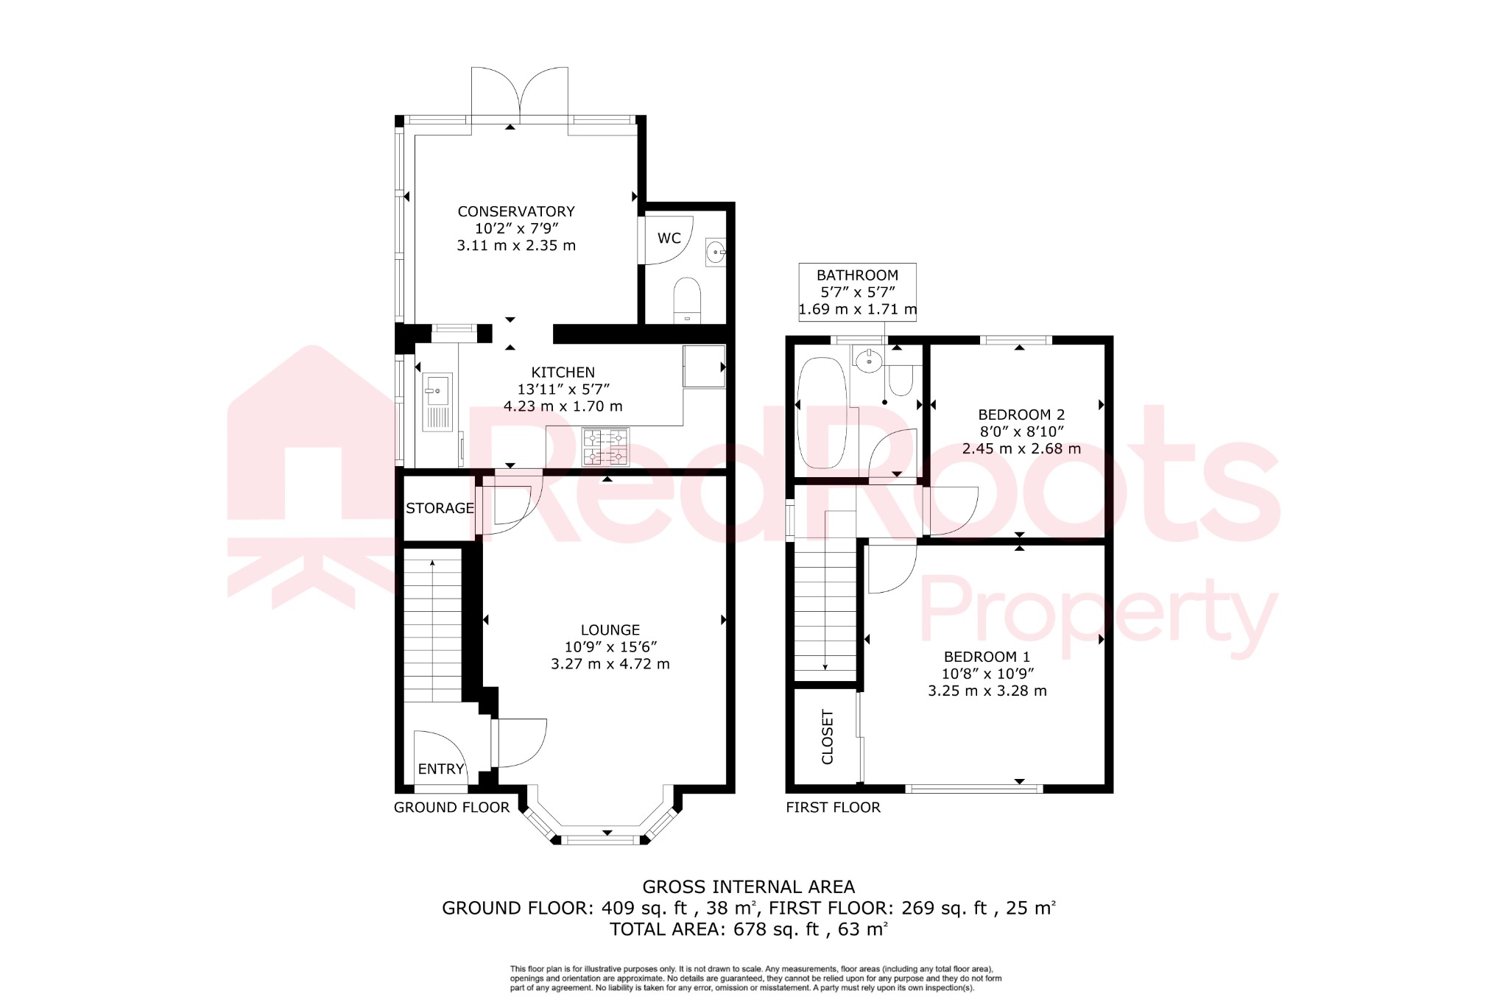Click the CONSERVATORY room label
[x=515, y=212]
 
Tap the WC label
[x=669, y=239]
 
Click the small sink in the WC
[x=715, y=252]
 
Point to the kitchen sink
[x=437, y=402]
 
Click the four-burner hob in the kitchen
[x=606, y=448]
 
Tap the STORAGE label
[x=440, y=508]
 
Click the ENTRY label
[x=441, y=769]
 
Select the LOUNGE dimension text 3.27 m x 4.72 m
[x=610, y=664]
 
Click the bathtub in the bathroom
[x=823, y=413]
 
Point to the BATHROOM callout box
[x=857, y=292]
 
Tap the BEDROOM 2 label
[x=1021, y=415]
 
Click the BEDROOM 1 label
[x=987, y=657]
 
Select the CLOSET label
[x=827, y=737]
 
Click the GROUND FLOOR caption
[x=451, y=808]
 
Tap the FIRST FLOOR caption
[x=833, y=808]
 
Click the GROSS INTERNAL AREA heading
[x=748, y=887]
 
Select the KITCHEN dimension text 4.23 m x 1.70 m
[x=563, y=406]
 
